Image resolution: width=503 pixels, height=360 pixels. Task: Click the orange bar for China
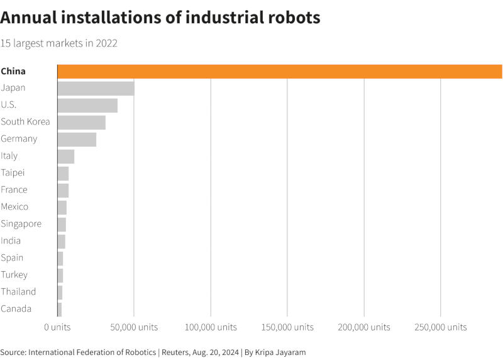pyautogui.click(x=280, y=71)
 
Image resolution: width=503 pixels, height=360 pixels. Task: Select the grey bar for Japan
pyautogui.click(x=96, y=88)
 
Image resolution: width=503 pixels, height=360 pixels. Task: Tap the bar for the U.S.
pyautogui.click(x=87, y=105)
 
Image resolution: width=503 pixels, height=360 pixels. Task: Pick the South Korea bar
pyautogui.click(x=81, y=122)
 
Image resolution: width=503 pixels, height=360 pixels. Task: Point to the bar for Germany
pyautogui.click(x=77, y=139)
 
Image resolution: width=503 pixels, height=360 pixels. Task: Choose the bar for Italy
pyautogui.click(x=65, y=156)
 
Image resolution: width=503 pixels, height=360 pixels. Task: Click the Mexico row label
pyautogui.click(x=14, y=206)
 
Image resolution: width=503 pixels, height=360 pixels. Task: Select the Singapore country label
pyautogui.click(x=21, y=223)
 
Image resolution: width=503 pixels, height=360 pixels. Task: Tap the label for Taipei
pyautogui.click(x=13, y=172)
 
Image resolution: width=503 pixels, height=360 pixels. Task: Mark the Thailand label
pyautogui.click(x=18, y=291)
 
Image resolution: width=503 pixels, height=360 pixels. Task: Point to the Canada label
pyautogui.click(x=16, y=308)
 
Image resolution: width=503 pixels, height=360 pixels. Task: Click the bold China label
pyautogui.click(x=13, y=71)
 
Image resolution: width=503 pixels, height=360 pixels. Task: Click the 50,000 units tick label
pyautogui.click(x=134, y=327)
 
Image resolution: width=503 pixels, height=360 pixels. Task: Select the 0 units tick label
pyautogui.click(x=57, y=327)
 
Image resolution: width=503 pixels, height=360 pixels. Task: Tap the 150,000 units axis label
pyautogui.click(x=287, y=327)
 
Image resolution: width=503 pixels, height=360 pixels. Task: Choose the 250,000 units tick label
pyautogui.click(x=441, y=327)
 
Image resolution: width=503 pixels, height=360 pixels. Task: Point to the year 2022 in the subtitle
pyautogui.click(x=107, y=43)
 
